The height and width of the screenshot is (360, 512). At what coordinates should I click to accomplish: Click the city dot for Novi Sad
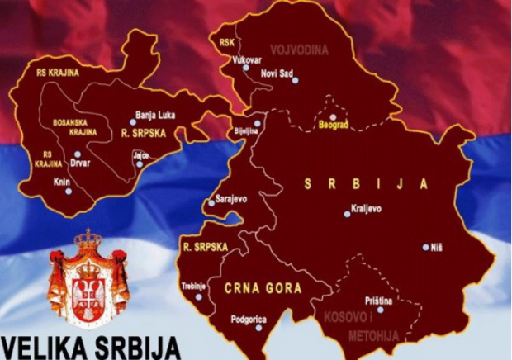295,80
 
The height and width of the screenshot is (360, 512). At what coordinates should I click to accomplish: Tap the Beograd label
334,125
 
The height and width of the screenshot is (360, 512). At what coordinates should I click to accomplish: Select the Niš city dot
426,247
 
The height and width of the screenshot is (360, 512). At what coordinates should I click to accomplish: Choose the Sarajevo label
230,198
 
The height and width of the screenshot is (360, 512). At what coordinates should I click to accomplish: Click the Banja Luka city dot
133,121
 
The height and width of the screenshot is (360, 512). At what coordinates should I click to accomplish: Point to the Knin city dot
69,191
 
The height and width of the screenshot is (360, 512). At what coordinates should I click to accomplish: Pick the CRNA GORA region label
263,288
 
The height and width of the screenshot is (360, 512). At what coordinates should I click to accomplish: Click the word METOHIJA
373,335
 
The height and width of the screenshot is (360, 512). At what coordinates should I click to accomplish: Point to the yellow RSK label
226,40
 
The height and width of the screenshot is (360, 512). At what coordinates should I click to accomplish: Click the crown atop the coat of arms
88,241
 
